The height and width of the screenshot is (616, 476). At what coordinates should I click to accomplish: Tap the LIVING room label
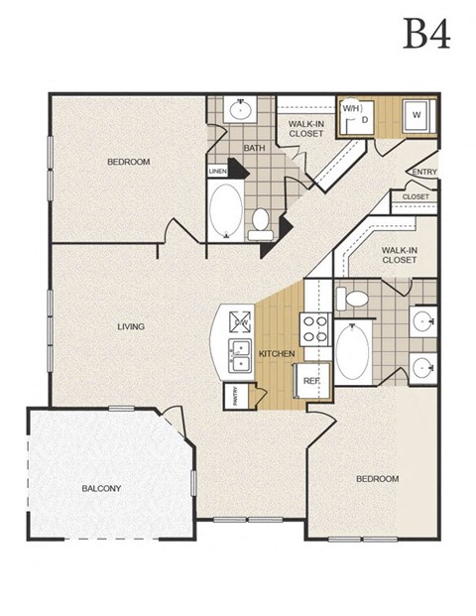click(x=130, y=326)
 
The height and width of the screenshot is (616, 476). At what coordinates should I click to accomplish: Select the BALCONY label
click(x=101, y=488)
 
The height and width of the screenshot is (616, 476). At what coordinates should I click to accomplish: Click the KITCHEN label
click(x=277, y=353)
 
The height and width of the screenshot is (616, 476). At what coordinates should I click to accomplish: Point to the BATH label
click(x=255, y=149)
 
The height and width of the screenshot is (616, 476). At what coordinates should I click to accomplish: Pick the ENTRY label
click(x=423, y=173)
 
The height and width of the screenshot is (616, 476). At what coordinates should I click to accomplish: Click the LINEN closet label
click(x=217, y=171)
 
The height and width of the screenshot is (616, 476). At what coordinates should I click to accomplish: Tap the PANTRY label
click(x=231, y=396)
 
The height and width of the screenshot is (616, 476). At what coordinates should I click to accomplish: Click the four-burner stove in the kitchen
click(x=314, y=328)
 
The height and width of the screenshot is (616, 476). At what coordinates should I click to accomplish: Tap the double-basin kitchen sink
click(x=238, y=355)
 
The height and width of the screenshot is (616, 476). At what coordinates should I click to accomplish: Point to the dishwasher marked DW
click(x=240, y=320)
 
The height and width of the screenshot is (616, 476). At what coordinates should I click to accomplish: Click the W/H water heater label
click(x=350, y=106)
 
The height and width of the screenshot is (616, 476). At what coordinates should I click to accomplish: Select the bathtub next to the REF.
click(x=352, y=352)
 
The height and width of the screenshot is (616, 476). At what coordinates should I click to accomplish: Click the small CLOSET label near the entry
click(x=416, y=197)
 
